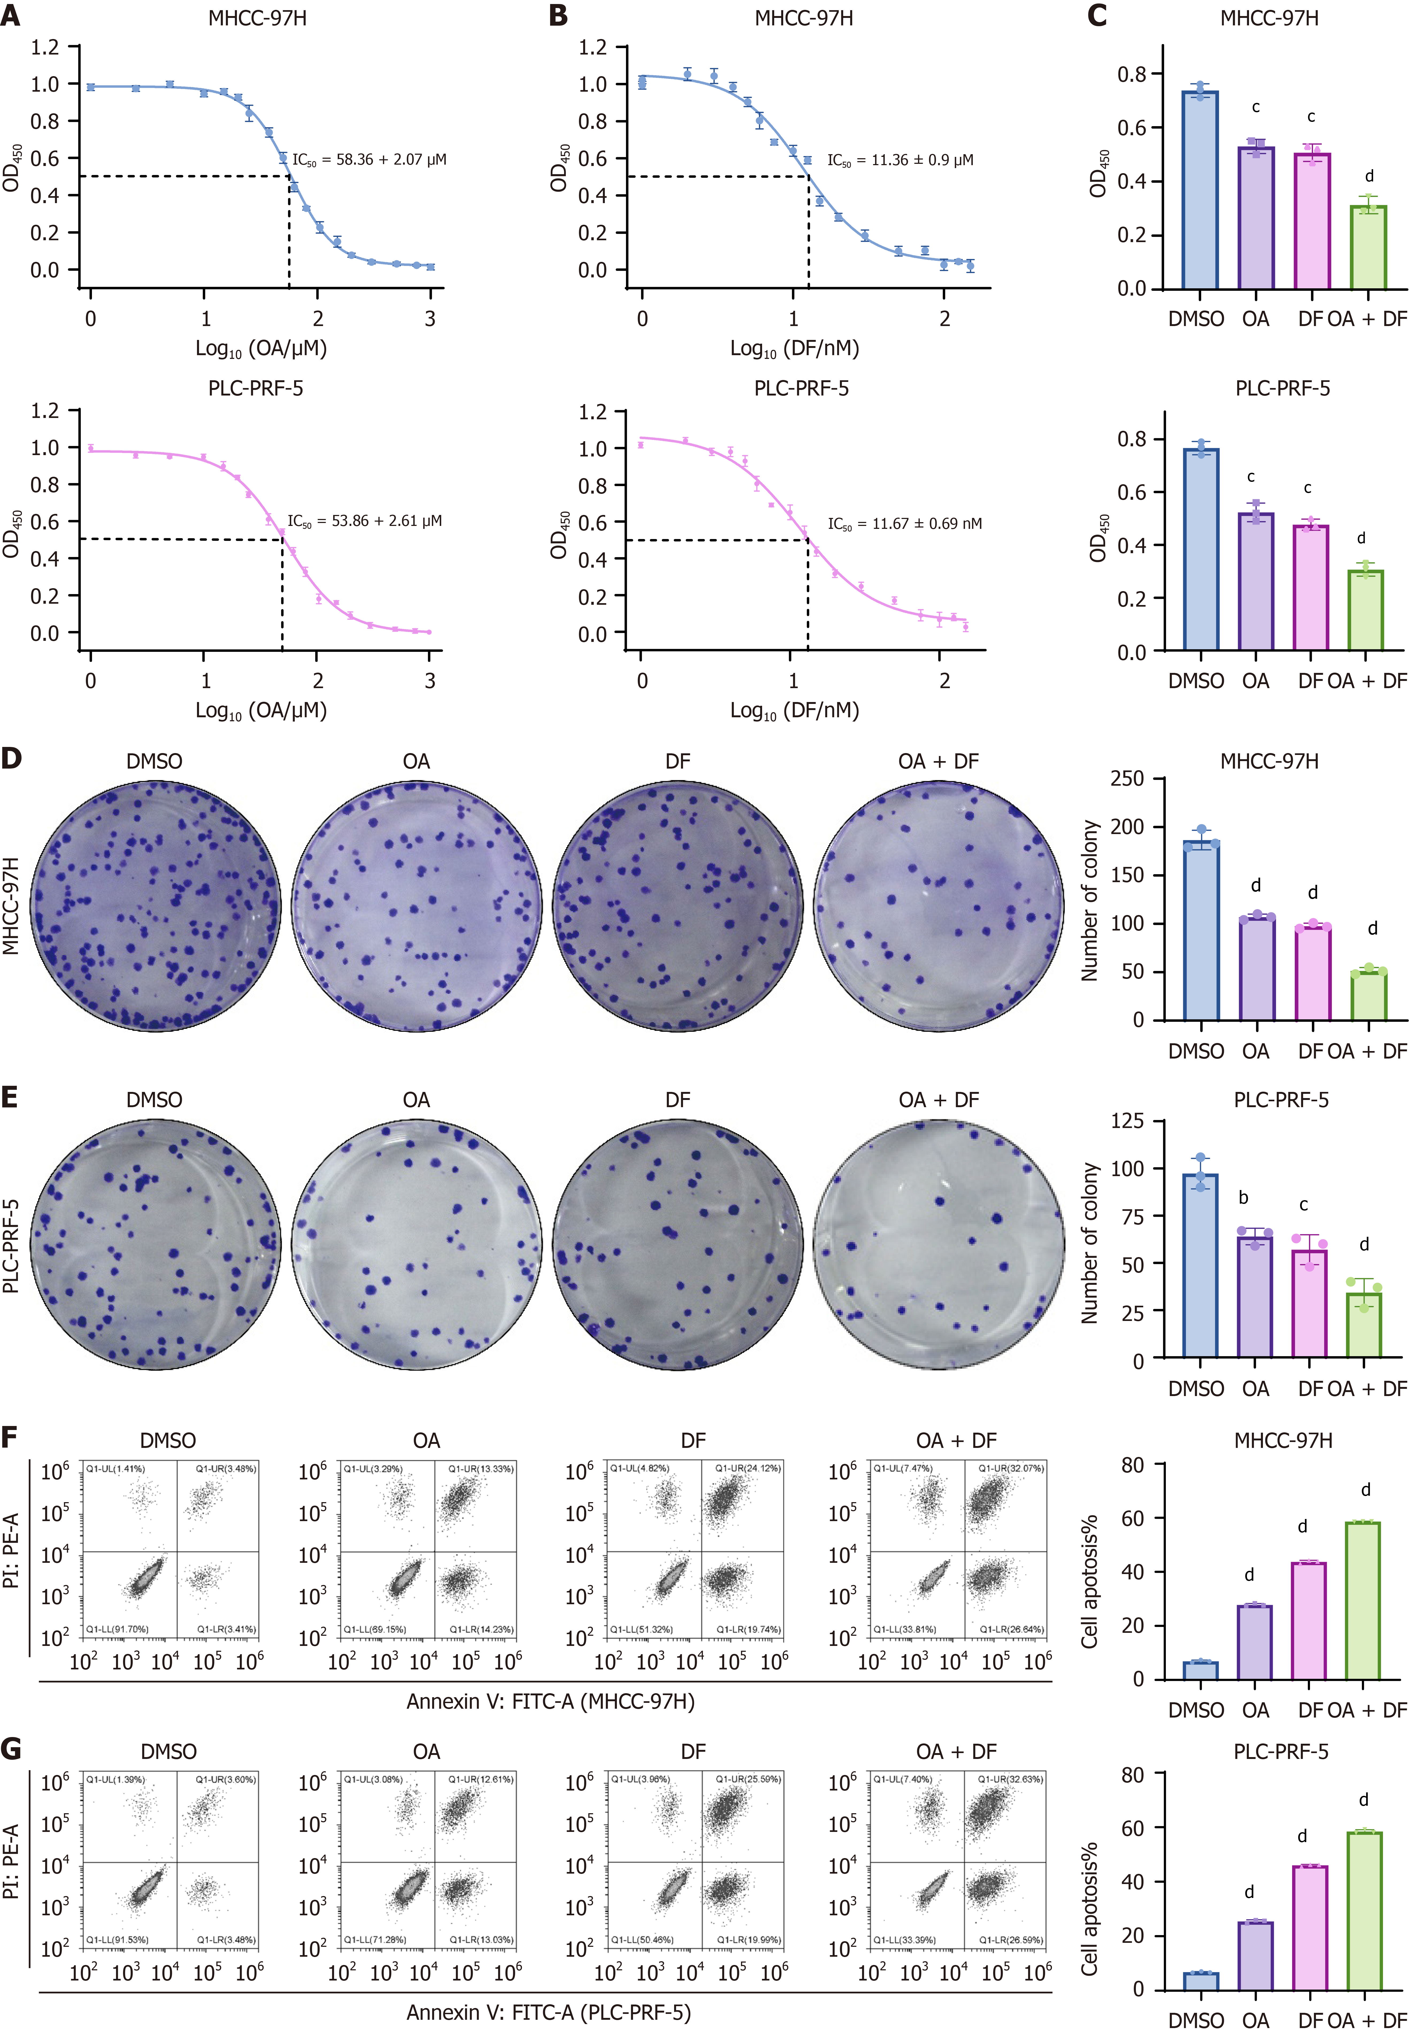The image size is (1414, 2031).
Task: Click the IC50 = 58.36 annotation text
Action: tap(369, 160)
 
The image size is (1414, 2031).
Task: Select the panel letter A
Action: tap(11, 16)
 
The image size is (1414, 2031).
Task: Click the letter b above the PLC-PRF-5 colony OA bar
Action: tap(1243, 1198)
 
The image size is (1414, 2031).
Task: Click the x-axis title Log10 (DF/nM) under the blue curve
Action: tap(794, 348)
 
